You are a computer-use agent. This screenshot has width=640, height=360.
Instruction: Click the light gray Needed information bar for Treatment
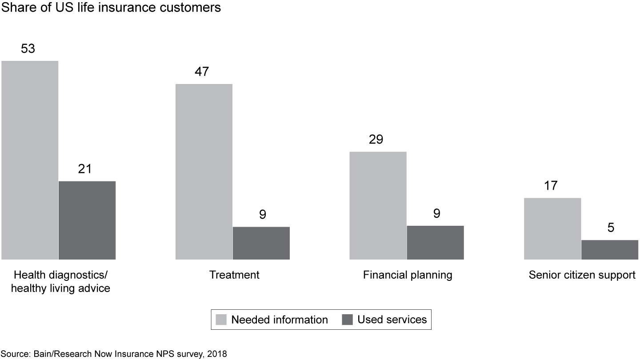[204, 172]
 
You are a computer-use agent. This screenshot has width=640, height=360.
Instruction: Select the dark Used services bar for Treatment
[261, 243]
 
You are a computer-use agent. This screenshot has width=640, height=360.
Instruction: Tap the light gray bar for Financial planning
[378, 205]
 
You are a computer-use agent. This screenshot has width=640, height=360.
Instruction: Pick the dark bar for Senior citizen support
[610, 250]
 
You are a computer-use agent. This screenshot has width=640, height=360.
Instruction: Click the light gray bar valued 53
[30, 160]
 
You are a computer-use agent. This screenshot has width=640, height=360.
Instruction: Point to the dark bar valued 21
[87, 220]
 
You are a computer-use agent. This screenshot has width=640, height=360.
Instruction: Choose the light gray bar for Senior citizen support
[552, 228]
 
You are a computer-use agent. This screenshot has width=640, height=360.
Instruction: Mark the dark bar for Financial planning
[436, 242]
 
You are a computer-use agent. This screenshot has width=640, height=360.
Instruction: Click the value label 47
[202, 72]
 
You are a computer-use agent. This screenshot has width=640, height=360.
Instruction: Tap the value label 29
[376, 140]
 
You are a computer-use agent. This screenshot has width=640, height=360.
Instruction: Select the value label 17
[551, 186]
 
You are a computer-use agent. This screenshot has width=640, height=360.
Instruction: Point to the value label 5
[611, 228]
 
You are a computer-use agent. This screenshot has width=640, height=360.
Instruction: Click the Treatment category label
[234, 275]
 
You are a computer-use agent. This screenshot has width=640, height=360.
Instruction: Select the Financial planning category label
[408, 275]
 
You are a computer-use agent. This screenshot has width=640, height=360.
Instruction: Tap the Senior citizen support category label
[582, 275]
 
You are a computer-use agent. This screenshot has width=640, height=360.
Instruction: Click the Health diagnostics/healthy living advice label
[60, 281]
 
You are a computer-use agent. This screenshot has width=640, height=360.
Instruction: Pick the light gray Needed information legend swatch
[221, 320]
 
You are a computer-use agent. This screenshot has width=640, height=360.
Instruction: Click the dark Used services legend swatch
[347, 320]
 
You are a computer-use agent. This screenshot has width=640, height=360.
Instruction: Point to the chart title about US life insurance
[111, 8]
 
